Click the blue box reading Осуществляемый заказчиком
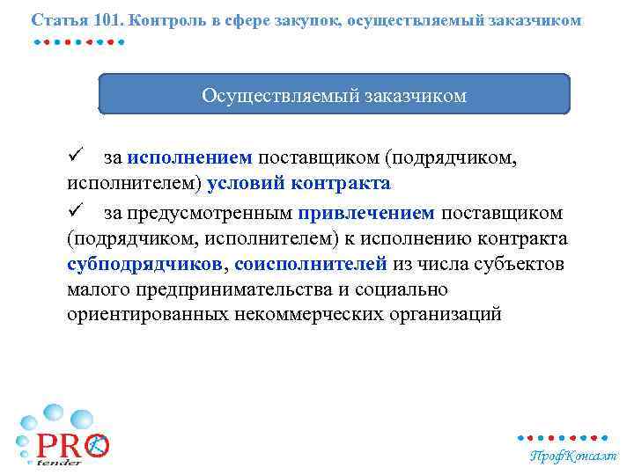pos(334,95)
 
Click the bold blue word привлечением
pos(366,212)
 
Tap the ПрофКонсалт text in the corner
pos(572,456)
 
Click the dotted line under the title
pos(79,41)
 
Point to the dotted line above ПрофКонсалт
pos(563,437)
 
